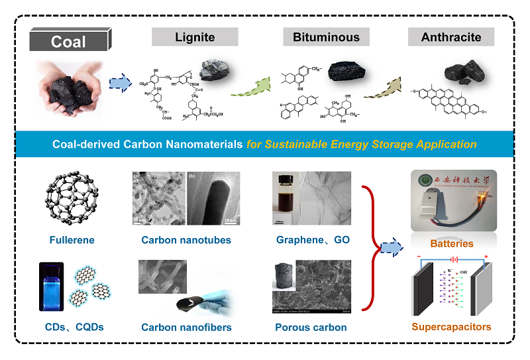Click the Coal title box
pyautogui.click(x=68, y=42)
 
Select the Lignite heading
pyautogui.click(x=195, y=37)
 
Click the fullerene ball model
pyautogui.click(x=72, y=197)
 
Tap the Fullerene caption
pyautogui.click(x=72, y=240)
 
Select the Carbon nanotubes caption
pyautogui.click(x=186, y=240)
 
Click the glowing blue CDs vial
pyautogui.click(x=51, y=286)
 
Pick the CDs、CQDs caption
pyautogui.click(x=72, y=326)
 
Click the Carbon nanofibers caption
pyautogui.click(x=186, y=327)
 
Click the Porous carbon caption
pyautogui.click(x=311, y=327)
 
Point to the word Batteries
pyautogui.click(x=452, y=243)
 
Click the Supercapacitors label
pyautogui.click(x=452, y=327)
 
